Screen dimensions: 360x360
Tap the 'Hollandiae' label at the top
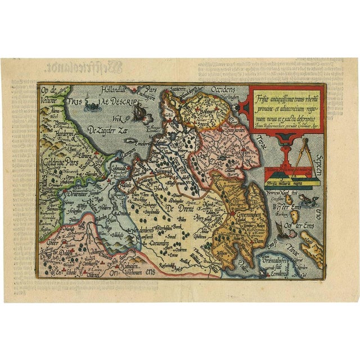114,89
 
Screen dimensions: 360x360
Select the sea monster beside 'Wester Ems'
307,200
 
